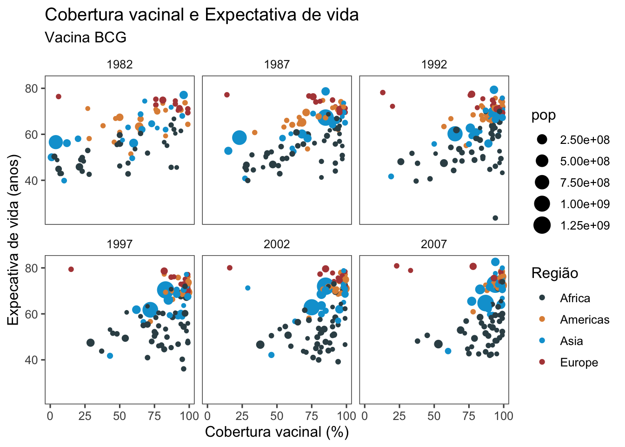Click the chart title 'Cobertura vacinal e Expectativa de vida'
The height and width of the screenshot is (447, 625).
[x=201, y=15]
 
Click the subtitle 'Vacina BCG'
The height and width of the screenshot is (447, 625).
[x=86, y=37]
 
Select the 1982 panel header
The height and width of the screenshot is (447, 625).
[x=120, y=65]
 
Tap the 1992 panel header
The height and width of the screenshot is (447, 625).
[x=434, y=65]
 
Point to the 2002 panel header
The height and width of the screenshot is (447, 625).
[x=277, y=244]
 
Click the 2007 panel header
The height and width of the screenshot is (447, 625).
[x=434, y=244]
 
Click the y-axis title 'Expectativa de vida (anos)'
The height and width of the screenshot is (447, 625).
[x=14, y=240]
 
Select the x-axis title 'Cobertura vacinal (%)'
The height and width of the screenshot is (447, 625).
[x=277, y=432]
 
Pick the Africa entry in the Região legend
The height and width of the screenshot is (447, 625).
[x=575, y=298]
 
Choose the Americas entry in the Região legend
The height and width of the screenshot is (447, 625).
[x=584, y=319]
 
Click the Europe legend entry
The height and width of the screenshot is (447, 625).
[x=578, y=362]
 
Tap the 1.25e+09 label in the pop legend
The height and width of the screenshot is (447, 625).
[x=585, y=225]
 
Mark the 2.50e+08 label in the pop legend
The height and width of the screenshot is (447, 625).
[x=585, y=140]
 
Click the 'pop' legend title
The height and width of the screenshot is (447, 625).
[x=543, y=115]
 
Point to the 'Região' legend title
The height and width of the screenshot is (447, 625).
[x=554, y=273]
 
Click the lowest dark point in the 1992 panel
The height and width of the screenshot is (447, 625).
[x=495, y=218]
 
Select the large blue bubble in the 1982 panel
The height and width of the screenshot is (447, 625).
[x=56, y=142]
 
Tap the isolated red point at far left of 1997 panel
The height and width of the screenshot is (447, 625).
[x=71, y=269]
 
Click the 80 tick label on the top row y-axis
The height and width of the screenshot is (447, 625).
[x=32, y=88]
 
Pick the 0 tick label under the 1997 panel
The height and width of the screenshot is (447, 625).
[x=50, y=416]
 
